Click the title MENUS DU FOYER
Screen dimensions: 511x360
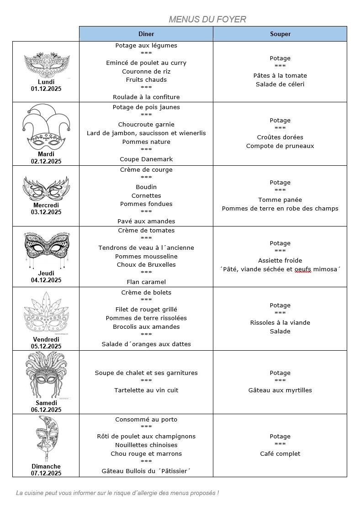pyautogui.click(x=207, y=19)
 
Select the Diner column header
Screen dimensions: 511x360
pyautogui.click(x=146, y=34)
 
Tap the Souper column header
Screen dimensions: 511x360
pyautogui.click(x=280, y=34)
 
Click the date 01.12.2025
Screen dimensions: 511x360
pyautogui.click(x=46, y=89)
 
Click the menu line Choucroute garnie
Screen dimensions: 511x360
pyautogui.click(x=146, y=124)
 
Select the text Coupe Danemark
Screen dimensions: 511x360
pyautogui.click(x=146, y=159)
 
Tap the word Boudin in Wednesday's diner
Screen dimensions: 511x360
pyautogui.click(x=146, y=187)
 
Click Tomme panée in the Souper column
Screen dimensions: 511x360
pyautogui.click(x=280, y=200)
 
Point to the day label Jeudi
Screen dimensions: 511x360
pyautogui.click(x=46, y=273)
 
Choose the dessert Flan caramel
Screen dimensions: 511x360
pyautogui.click(x=146, y=282)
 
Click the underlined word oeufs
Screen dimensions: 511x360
pyautogui.click(x=302, y=269)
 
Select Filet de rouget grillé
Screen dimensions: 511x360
pyautogui.click(x=146, y=309)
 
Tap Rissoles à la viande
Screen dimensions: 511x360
pyautogui.click(x=280, y=322)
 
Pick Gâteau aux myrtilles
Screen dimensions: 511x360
pyautogui.click(x=280, y=390)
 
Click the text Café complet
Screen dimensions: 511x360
pyautogui.click(x=280, y=453)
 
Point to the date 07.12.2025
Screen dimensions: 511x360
pyautogui.click(x=46, y=473)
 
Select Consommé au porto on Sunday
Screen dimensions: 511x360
pyautogui.click(x=146, y=419)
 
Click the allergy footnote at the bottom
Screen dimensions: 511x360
pyautogui.click(x=117, y=493)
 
